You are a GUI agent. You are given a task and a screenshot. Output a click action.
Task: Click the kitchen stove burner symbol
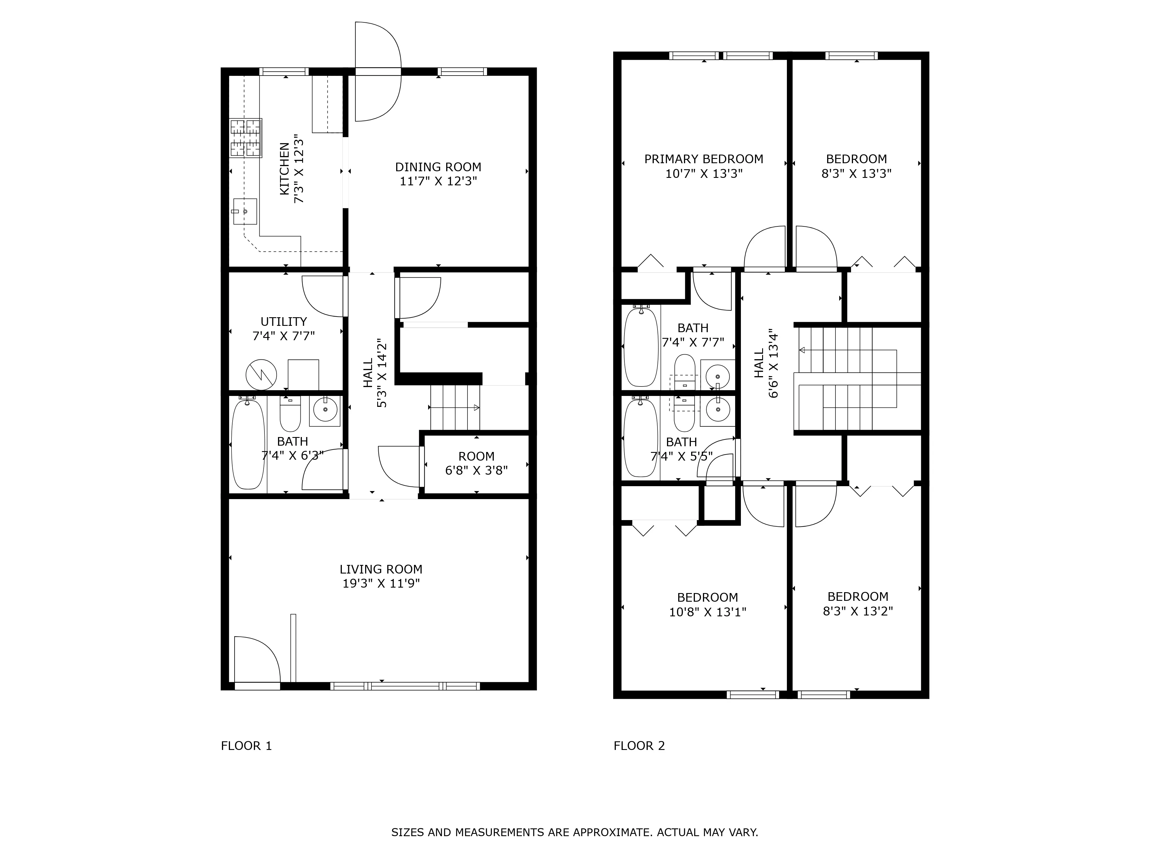click(246, 138)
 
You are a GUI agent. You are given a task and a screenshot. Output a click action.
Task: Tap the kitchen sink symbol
click(245, 211)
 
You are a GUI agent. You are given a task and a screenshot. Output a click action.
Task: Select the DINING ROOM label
click(438, 167)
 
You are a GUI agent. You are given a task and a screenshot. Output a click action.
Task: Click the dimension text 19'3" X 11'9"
click(381, 584)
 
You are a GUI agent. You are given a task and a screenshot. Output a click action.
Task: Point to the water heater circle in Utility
click(261, 374)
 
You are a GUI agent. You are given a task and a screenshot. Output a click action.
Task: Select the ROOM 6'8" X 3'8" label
click(476, 463)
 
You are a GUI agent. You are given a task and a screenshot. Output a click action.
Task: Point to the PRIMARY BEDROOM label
click(704, 159)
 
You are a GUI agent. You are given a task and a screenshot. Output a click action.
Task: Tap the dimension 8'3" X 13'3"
click(856, 174)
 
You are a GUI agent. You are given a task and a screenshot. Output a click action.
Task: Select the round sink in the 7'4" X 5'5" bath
click(718, 411)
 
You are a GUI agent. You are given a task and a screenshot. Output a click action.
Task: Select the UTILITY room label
click(283, 321)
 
